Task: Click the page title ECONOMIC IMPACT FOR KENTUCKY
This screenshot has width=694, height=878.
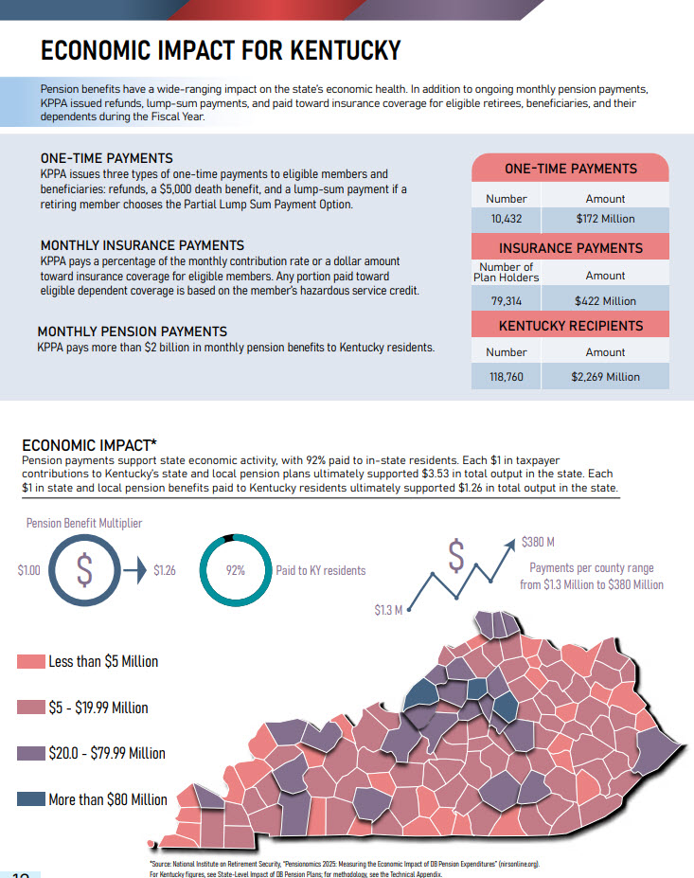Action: point(221,50)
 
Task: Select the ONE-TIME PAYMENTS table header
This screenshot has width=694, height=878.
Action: point(570,169)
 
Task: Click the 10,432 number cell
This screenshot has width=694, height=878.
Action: point(507,219)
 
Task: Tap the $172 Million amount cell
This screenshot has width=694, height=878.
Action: point(605,219)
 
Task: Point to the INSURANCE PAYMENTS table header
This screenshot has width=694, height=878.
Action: point(570,248)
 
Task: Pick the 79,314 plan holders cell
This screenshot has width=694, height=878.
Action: point(507,301)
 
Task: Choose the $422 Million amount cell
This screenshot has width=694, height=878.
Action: point(605,301)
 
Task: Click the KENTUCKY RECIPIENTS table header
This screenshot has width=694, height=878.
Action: point(570,326)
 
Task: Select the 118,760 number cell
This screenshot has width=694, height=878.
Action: point(507,377)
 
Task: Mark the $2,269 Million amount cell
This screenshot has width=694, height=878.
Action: point(605,377)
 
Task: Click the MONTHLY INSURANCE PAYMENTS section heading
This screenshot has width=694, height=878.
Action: point(142,245)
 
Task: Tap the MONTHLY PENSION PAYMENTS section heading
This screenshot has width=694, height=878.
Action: point(132,331)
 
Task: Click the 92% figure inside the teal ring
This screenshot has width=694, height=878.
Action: point(236,571)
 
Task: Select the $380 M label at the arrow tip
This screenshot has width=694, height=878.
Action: point(538,543)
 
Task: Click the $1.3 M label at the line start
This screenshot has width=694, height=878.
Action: point(387,609)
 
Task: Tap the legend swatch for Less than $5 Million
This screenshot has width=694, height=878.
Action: point(31,661)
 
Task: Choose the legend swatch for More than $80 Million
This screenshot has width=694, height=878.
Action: point(31,799)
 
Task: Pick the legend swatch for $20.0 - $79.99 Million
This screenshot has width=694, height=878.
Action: point(31,753)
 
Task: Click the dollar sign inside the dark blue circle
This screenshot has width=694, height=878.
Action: point(85,571)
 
